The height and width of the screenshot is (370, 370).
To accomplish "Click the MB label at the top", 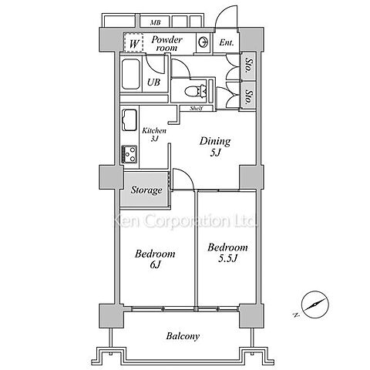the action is (x=156, y=22).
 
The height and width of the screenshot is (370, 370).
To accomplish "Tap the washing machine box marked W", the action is (x=133, y=42).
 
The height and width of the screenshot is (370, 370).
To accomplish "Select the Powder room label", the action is (x=166, y=43).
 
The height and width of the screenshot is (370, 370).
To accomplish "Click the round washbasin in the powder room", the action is (x=203, y=42).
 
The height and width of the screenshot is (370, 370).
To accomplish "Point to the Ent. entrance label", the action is (x=227, y=42).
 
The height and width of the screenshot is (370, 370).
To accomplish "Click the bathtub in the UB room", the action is (x=131, y=74).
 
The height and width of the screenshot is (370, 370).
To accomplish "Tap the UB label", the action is (x=153, y=82).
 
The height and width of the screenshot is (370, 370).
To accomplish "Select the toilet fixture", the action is (x=196, y=91).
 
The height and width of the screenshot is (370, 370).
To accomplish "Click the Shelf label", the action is (x=197, y=109).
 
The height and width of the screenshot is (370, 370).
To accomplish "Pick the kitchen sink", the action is (x=129, y=119).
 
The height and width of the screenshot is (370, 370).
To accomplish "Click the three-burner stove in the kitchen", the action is (x=129, y=154).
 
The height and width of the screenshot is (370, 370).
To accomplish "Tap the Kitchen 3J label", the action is (x=154, y=134).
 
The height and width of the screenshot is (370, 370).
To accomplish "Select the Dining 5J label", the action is (x=215, y=146).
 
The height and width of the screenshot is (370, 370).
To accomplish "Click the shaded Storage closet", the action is (x=146, y=189).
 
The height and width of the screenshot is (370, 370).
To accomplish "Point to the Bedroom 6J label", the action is (x=155, y=258).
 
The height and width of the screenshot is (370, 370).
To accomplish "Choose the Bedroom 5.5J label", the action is (x=227, y=253).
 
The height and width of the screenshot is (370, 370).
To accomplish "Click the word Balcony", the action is (x=183, y=336).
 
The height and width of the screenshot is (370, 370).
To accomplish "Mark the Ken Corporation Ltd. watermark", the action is (x=185, y=221).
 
